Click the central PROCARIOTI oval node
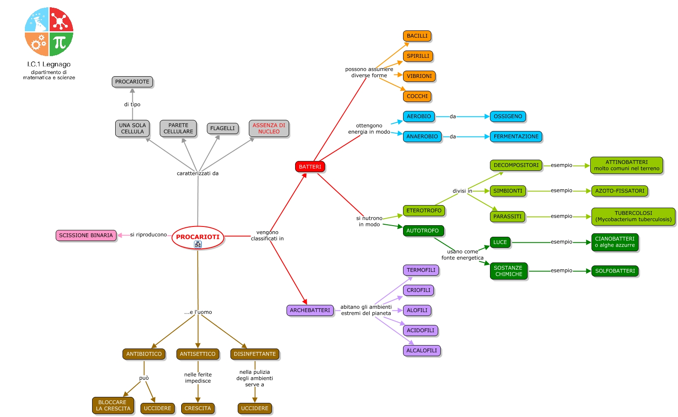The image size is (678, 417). (x=197, y=238)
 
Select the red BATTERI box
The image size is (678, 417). (x=310, y=167)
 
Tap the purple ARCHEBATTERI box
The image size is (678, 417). (x=310, y=310)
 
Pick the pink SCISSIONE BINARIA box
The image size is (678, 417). (x=86, y=235)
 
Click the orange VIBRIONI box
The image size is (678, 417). (x=419, y=76)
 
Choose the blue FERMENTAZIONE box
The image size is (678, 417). (x=516, y=137)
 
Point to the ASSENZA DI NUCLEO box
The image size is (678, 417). (x=269, y=128)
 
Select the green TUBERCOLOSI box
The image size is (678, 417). (x=633, y=216)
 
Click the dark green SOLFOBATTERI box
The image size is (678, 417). (x=615, y=271)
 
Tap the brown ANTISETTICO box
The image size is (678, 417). (x=197, y=354)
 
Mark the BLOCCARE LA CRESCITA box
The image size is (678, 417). (x=113, y=405)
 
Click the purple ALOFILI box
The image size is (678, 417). (x=417, y=310)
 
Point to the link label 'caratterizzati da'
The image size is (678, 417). (x=197, y=173)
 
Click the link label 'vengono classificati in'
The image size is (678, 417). (x=267, y=235)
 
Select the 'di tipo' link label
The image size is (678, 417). (x=132, y=104)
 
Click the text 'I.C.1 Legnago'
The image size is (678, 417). (x=49, y=64)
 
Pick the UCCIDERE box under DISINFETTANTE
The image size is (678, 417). (x=254, y=408)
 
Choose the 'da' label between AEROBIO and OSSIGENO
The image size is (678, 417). (x=453, y=116)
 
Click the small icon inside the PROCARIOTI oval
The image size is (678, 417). (x=197, y=244)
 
